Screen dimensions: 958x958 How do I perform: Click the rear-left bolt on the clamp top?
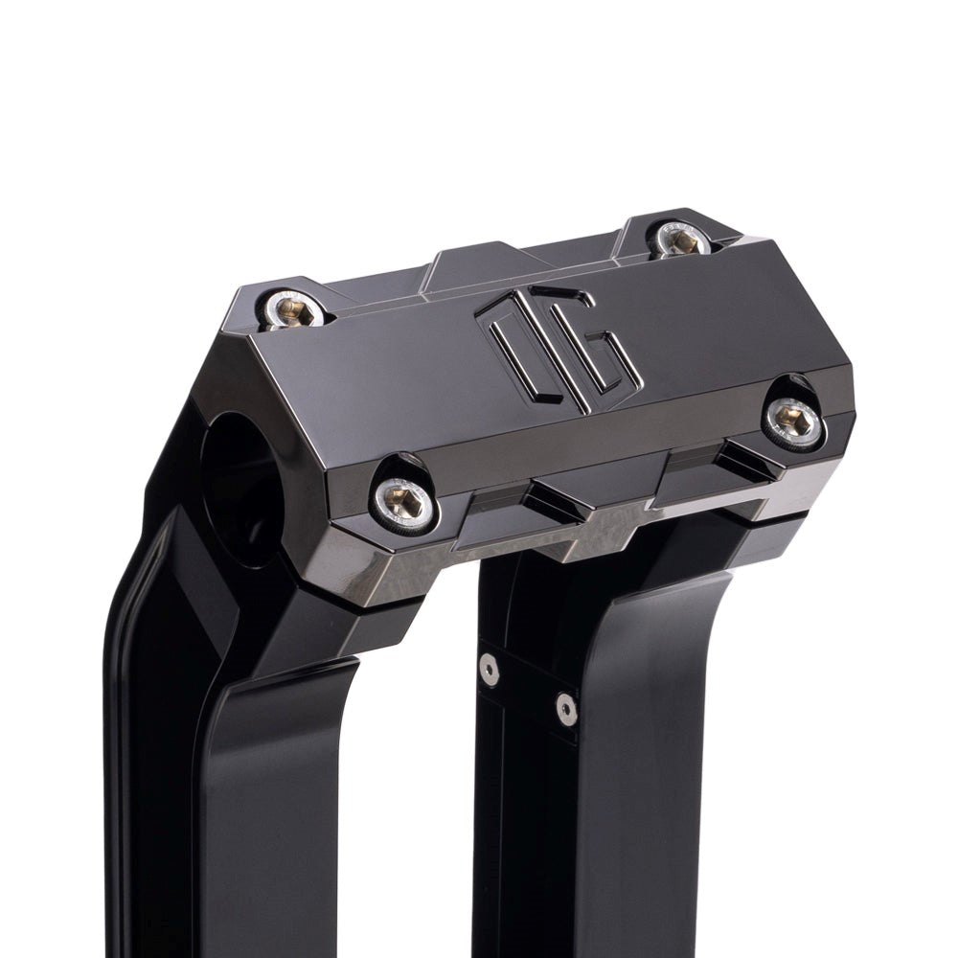[x=293, y=308]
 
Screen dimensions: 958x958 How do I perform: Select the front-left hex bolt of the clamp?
[x=404, y=495]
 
